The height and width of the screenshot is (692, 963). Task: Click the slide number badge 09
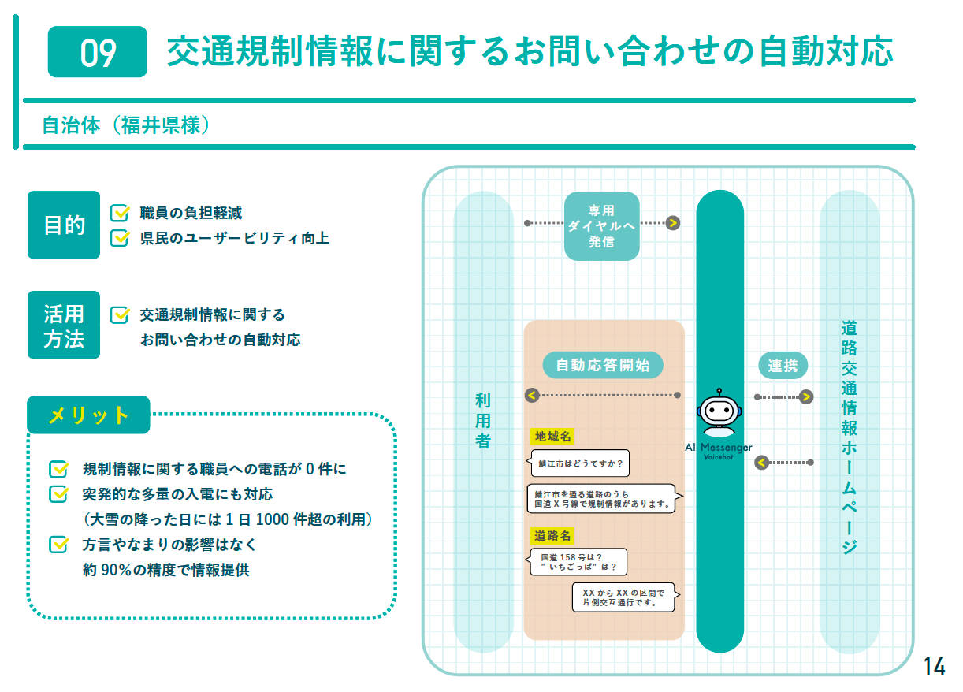point(98,52)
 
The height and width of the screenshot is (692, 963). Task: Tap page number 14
point(934,666)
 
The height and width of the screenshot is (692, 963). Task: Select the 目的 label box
point(64,225)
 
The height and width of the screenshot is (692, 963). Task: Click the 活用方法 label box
point(64,325)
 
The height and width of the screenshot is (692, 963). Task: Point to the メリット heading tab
point(88,415)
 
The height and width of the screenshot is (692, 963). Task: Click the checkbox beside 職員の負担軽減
point(120,213)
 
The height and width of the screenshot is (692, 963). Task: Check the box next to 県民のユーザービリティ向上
point(120,237)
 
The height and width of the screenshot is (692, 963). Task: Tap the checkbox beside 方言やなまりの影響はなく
point(58,545)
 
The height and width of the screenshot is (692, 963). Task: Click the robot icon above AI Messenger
point(719,411)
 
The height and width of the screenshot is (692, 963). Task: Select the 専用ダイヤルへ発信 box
point(601,225)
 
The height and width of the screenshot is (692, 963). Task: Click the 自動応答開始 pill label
point(603,365)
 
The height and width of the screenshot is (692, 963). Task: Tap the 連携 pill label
point(783,365)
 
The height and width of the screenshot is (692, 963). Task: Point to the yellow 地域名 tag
point(552,436)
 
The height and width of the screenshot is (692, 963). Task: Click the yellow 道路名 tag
point(552,536)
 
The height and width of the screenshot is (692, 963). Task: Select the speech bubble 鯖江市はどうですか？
point(580,463)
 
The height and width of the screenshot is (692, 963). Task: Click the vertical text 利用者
point(483,421)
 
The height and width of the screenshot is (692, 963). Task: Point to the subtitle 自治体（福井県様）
point(125,125)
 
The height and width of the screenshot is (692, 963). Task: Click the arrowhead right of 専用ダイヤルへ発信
point(672,223)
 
